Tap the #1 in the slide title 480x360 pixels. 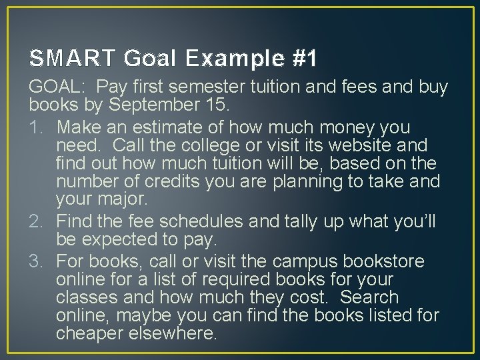coord(304,59)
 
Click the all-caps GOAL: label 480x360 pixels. coord(57,87)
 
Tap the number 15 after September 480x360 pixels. coord(217,105)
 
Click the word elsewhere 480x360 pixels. coord(177,333)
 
